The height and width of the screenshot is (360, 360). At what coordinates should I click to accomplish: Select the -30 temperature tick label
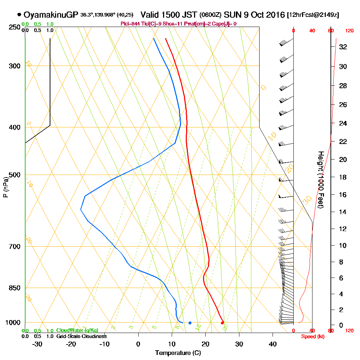click(x=37, y=343)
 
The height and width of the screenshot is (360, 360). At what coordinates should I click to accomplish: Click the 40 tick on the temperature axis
click(x=273, y=343)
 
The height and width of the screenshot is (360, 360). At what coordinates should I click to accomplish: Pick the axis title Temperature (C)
click(x=178, y=353)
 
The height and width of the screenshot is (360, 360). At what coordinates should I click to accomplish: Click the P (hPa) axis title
click(x=5, y=187)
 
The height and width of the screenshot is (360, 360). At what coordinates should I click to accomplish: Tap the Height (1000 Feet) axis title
click(x=320, y=179)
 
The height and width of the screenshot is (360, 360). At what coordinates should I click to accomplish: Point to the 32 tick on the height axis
click(x=343, y=47)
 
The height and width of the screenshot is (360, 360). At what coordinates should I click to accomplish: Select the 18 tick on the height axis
click(x=343, y=177)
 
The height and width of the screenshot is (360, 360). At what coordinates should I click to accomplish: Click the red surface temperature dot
click(x=222, y=323)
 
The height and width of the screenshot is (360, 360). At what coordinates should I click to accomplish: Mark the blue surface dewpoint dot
click(x=190, y=323)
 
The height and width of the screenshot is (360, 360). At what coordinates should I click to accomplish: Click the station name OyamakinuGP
click(x=51, y=15)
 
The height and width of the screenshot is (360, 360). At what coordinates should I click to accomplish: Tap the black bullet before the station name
click(x=19, y=15)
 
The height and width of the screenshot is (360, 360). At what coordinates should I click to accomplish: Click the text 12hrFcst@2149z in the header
click(x=313, y=15)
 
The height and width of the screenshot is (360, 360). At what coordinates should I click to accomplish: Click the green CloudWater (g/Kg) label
click(x=77, y=330)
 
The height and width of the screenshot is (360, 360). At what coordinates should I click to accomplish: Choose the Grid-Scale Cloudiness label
click(x=81, y=336)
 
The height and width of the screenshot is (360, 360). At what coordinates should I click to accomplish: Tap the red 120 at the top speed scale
click(x=349, y=31)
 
